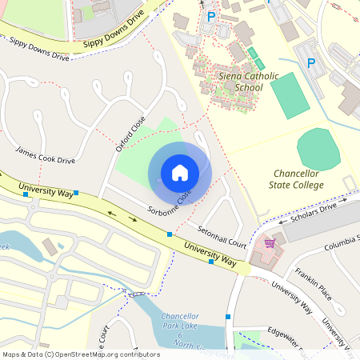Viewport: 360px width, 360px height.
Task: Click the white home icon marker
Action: [179, 173]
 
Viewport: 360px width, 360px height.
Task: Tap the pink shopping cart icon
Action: [270, 242]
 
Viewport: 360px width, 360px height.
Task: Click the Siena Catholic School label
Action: [237, 82]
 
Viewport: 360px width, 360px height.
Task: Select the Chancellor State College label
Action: [297, 179]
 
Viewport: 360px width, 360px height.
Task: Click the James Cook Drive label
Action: [45, 155]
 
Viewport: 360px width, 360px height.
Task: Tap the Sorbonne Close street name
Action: [170, 204]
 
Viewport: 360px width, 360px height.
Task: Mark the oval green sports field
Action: [318, 148]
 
